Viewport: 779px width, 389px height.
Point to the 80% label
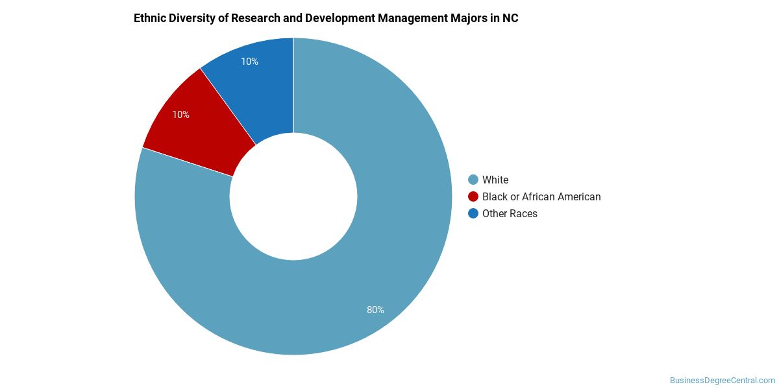[375, 310]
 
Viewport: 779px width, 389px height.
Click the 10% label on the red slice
[180, 115]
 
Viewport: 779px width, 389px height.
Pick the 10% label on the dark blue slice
[249, 62]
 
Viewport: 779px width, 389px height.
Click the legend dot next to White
[473, 180]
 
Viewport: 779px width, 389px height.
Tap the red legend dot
[473, 196]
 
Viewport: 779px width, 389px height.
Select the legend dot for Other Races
[473, 213]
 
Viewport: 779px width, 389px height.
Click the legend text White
[495, 180]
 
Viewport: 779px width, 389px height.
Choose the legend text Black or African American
[541, 196]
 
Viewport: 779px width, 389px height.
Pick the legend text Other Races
[510, 213]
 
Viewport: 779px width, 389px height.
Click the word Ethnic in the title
[149, 18]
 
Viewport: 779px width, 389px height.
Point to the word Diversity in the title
[193, 18]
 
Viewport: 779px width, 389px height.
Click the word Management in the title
[416, 18]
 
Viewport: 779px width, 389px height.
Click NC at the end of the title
[510, 18]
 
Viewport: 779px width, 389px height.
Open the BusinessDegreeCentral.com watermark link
[723, 381]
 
